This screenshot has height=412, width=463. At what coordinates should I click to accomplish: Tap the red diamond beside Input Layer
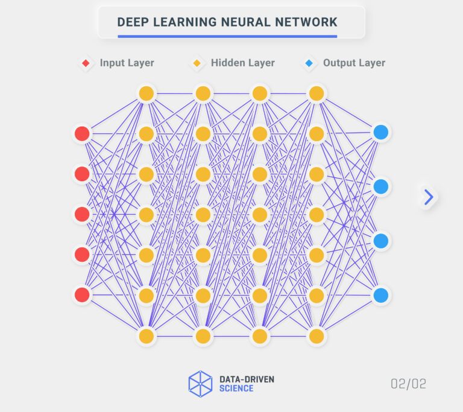(86, 63)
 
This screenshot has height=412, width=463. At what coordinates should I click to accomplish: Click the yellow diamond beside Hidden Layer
(197, 63)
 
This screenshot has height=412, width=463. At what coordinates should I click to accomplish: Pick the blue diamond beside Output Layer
(309, 63)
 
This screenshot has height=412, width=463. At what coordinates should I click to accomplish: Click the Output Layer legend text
(354, 63)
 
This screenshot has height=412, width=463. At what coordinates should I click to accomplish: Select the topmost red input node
(82, 133)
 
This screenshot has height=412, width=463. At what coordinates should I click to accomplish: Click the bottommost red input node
(82, 295)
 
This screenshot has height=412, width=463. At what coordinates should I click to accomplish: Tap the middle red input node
(82, 214)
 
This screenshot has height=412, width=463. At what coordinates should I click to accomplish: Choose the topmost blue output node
(380, 132)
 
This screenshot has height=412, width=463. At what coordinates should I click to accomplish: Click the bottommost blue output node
(380, 295)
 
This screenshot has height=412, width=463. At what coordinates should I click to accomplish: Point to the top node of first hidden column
(146, 93)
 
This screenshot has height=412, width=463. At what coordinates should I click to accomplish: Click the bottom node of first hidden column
(146, 336)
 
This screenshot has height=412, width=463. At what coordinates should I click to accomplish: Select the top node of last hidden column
(317, 93)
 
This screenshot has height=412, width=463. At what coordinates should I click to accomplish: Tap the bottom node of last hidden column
(317, 336)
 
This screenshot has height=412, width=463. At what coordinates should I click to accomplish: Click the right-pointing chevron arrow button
(429, 197)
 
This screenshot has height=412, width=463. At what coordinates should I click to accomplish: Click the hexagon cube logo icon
(200, 383)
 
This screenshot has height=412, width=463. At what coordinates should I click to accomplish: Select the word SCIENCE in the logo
(236, 388)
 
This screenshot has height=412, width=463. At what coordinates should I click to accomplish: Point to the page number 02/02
(408, 384)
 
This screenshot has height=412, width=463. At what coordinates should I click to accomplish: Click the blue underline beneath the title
(227, 36)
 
